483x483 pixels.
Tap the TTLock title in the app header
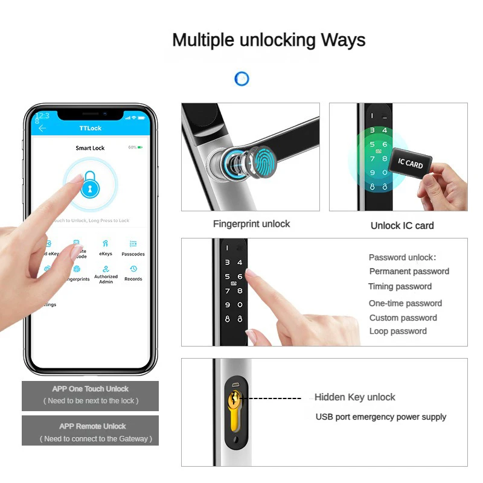click(91, 129)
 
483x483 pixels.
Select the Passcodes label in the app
click(133, 254)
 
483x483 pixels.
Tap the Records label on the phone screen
click(133, 279)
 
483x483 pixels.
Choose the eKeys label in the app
click(106, 254)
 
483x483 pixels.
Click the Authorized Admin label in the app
click(106, 279)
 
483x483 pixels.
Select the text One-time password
click(405, 303)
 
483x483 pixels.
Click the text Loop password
click(398, 331)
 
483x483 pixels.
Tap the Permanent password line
click(409, 271)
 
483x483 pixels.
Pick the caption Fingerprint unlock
click(251, 224)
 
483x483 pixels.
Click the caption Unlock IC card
click(402, 226)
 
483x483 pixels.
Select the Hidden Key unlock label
click(354, 397)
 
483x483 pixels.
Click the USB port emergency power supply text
click(380, 417)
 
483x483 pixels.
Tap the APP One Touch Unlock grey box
click(90, 395)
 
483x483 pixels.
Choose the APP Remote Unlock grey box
click(90, 431)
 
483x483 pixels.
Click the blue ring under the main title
click(241, 78)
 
